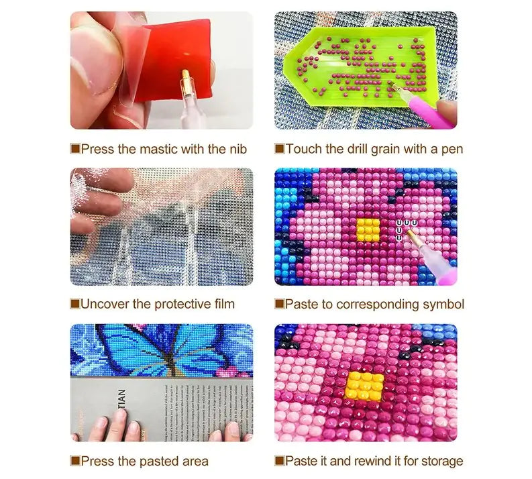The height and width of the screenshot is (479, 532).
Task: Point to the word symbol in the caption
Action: pyautogui.click(x=443, y=305)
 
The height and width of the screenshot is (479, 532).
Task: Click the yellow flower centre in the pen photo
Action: pyautogui.click(x=368, y=229)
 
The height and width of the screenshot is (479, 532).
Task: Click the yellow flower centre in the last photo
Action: pyautogui.click(x=365, y=386)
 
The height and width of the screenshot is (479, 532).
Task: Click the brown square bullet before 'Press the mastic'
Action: pyautogui.click(x=75, y=149)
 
